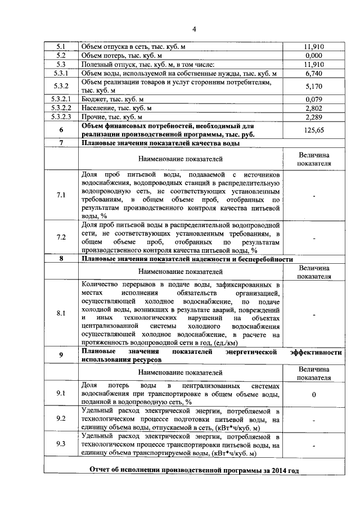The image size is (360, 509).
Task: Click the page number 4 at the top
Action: (193, 29)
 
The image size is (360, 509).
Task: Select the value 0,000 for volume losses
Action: (315, 56)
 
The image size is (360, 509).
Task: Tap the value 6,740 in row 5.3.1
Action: (315, 74)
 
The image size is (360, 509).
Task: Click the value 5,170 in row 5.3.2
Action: (315, 87)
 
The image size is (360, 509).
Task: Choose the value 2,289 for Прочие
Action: (315, 117)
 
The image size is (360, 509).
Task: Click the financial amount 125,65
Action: (315, 130)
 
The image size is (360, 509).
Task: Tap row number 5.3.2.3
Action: (61, 117)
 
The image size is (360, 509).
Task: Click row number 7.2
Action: (61, 238)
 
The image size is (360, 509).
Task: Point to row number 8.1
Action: (61, 313)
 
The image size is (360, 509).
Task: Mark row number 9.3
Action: (61, 444)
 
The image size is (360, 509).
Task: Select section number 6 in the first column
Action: (61, 130)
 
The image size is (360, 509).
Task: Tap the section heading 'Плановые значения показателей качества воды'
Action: (161, 143)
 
